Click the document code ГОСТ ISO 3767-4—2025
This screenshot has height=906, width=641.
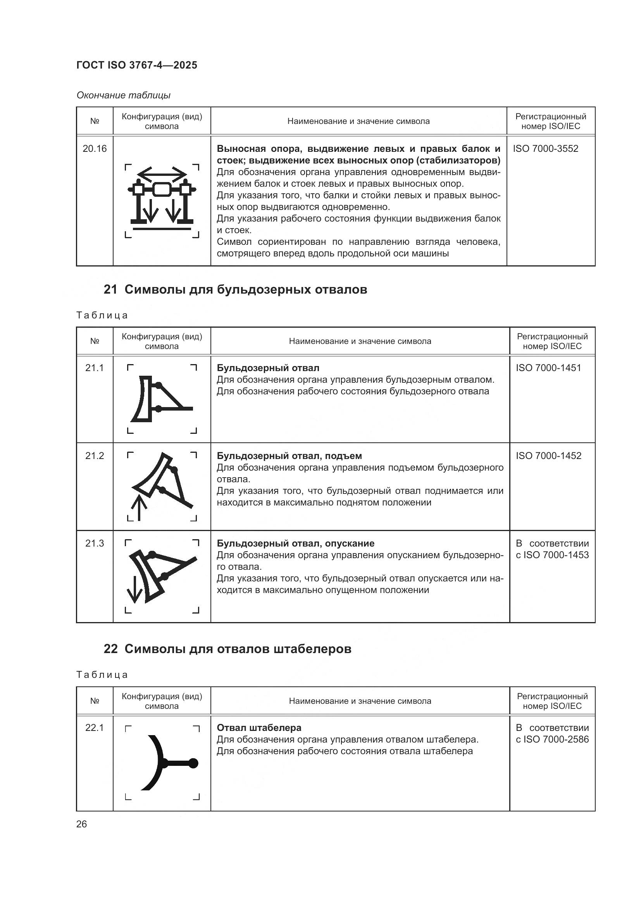(136, 65)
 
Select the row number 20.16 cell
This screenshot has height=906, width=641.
(94, 149)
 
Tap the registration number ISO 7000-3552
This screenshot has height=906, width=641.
(546, 149)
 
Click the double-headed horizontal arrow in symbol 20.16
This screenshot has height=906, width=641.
(162, 174)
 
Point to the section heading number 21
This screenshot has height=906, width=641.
(110, 289)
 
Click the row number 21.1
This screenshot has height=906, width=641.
(94, 368)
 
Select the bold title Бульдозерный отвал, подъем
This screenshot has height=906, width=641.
(289, 456)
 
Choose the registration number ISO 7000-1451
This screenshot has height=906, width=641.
(548, 368)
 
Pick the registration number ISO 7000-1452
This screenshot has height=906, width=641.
(548, 456)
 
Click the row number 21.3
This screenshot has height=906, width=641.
(94, 543)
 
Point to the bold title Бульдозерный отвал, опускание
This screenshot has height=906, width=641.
(295, 543)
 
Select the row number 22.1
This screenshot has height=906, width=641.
(94, 728)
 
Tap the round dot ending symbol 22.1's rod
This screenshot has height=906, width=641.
(193, 763)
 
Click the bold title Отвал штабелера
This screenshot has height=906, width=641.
(259, 728)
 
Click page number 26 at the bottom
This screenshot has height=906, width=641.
(81, 824)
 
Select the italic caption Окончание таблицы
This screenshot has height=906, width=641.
(123, 95)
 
